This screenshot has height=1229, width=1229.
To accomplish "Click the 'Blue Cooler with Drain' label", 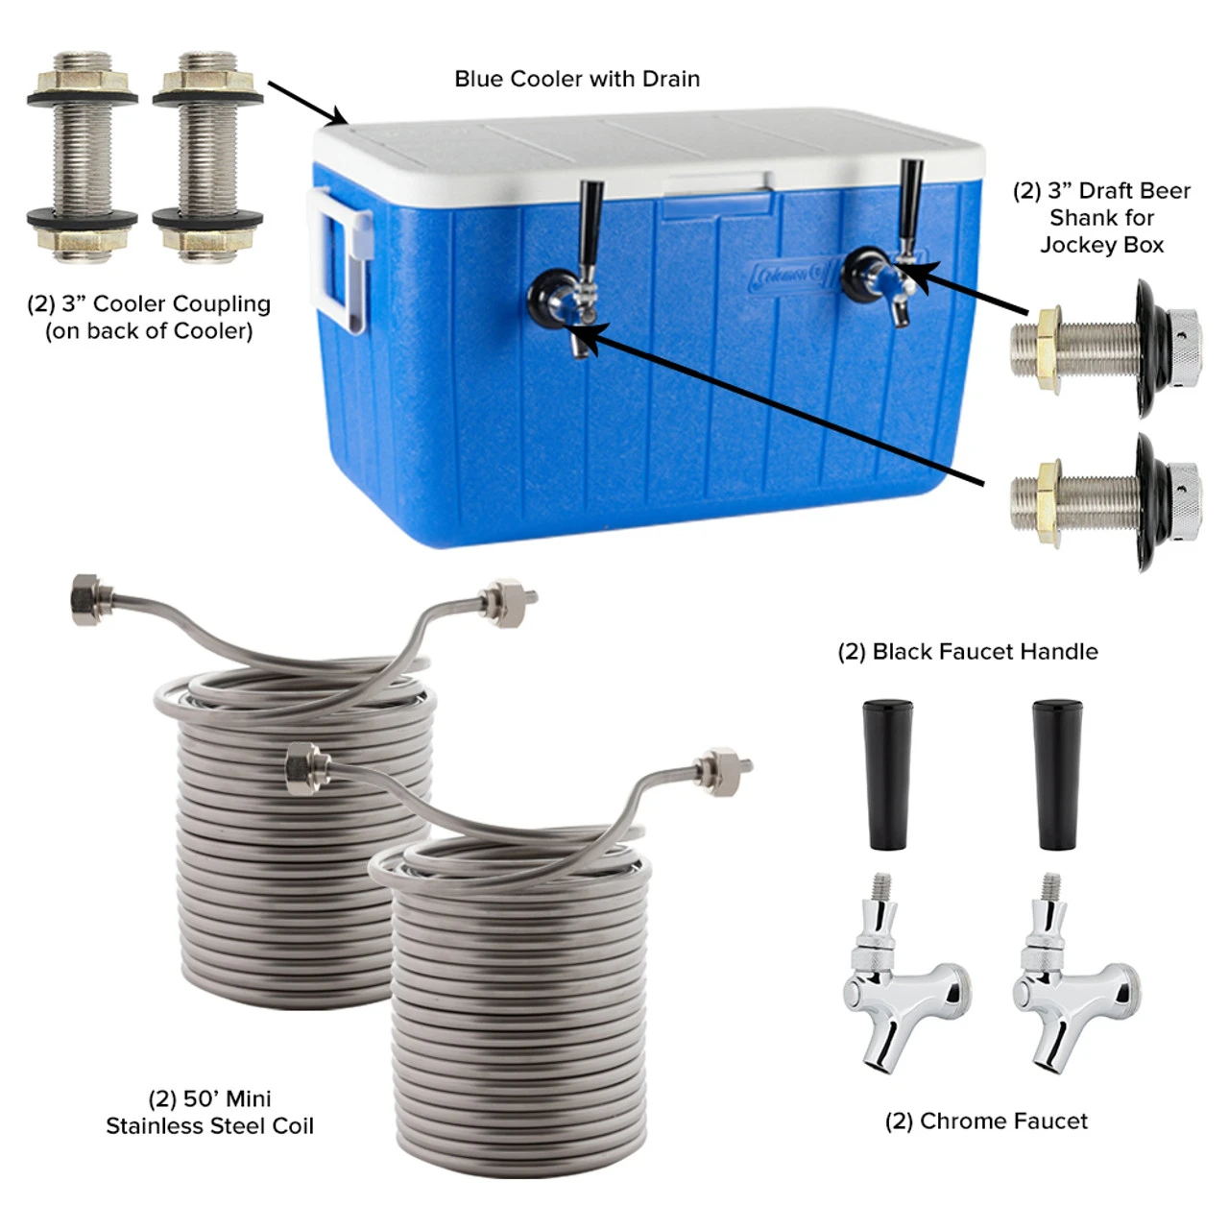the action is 576,79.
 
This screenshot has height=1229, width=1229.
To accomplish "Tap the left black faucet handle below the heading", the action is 887,774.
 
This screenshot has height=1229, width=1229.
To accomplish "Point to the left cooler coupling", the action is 83,157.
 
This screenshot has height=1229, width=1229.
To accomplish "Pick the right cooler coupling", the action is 208,157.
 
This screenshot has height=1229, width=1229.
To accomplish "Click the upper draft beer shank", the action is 1106,349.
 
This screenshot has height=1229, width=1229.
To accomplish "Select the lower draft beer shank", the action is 1106,502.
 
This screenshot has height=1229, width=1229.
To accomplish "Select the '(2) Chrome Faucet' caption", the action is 986,1121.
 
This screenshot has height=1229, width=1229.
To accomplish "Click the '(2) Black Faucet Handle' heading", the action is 968,652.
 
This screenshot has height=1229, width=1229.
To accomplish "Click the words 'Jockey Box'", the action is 1101,245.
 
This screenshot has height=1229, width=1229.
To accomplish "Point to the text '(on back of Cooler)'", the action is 149,331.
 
